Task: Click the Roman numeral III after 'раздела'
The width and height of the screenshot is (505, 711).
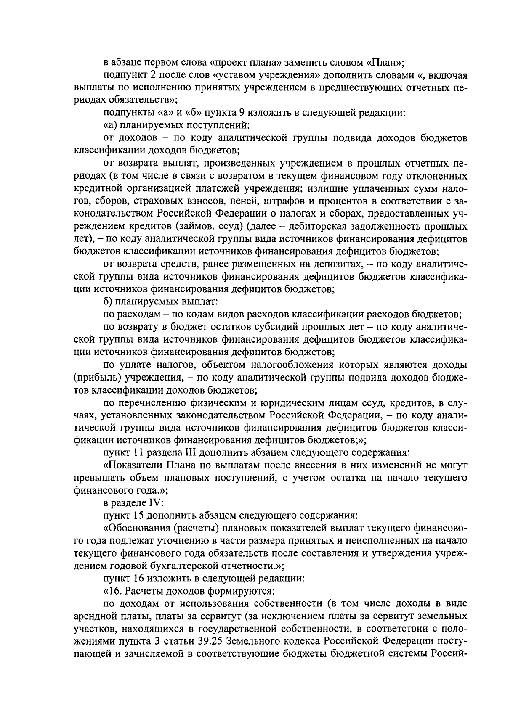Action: [x=191, y=453]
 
